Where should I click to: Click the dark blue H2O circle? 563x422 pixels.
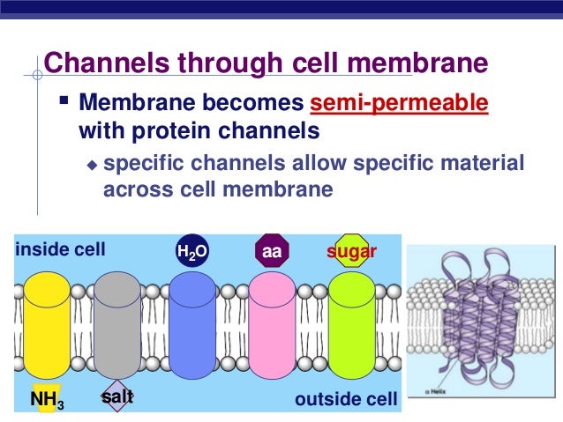pyautogui.click(x=192, y=252)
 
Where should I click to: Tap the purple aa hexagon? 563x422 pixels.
pyautogui.click(x=272, y=252)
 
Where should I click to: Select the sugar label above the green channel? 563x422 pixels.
pyautogui.click(x=352, y=252)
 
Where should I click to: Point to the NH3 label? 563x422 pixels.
pyautogui.click(x=46, y=401)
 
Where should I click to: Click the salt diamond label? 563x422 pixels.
pyautogui.click(x=116, y=397)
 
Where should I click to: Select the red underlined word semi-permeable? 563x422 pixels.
pyautogui.click(x=400, y=104)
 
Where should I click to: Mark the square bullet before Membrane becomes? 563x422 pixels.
pyautogui.click(x=64, y=105)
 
